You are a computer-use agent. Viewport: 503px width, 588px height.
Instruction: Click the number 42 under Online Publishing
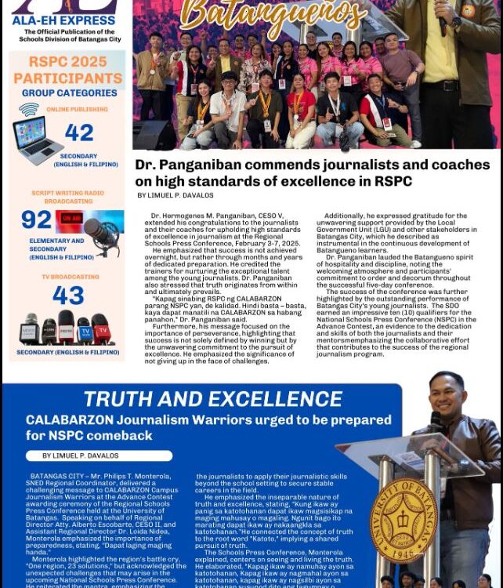pos(79,133)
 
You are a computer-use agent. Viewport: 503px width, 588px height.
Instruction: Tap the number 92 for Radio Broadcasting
pos(36,220)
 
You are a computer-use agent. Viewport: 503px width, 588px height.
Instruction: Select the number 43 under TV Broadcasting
pos(68,296)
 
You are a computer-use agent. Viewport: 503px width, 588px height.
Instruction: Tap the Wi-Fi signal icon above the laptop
pos(29,110)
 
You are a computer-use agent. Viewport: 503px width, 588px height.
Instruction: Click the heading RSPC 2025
pos(68,62)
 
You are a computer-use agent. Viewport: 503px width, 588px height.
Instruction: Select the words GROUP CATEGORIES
pos(70,93)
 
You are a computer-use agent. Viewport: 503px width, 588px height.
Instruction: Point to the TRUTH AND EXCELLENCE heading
pos(213,399)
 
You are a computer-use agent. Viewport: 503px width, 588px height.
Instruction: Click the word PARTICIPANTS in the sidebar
pos(68,78)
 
